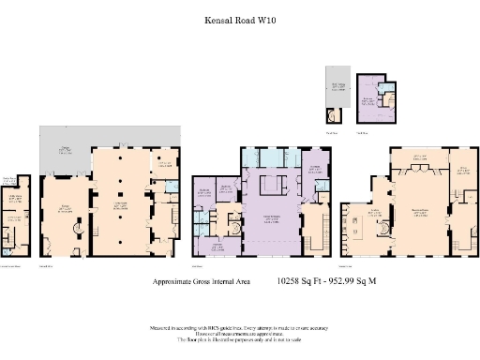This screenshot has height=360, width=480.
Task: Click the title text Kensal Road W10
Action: (x=240, y=17)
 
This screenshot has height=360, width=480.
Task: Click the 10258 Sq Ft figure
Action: (x=304, y=280)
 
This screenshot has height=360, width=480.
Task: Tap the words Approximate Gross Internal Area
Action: (x=207, y=280)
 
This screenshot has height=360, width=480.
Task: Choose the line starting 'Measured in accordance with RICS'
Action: (x=240, y=328)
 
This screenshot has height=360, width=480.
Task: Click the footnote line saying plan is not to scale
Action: (x=240, y=342)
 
